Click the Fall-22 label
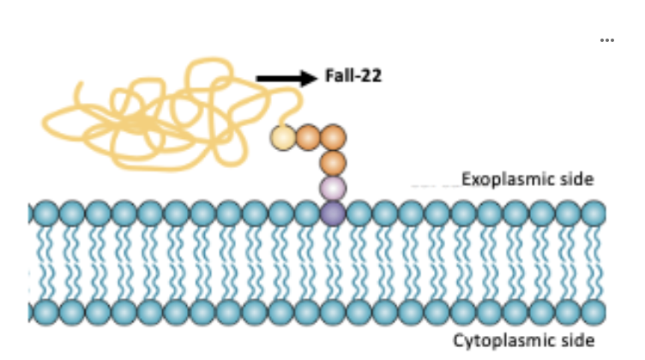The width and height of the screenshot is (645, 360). click(353, 77)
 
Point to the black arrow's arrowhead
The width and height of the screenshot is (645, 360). click(310, 79)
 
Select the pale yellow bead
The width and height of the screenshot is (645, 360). click(281, 137)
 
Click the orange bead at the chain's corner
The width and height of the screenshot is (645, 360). click(333, 137)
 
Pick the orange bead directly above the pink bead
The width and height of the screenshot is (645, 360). click(333, 162)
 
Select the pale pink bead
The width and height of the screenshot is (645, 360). click(333, 187)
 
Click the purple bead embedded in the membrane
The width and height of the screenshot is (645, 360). click(333, 212)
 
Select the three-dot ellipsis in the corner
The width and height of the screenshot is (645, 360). click(607, 41)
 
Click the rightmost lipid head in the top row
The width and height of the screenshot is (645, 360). click(593, 212)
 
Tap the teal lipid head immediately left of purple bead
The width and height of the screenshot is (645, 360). click(307, 212)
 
